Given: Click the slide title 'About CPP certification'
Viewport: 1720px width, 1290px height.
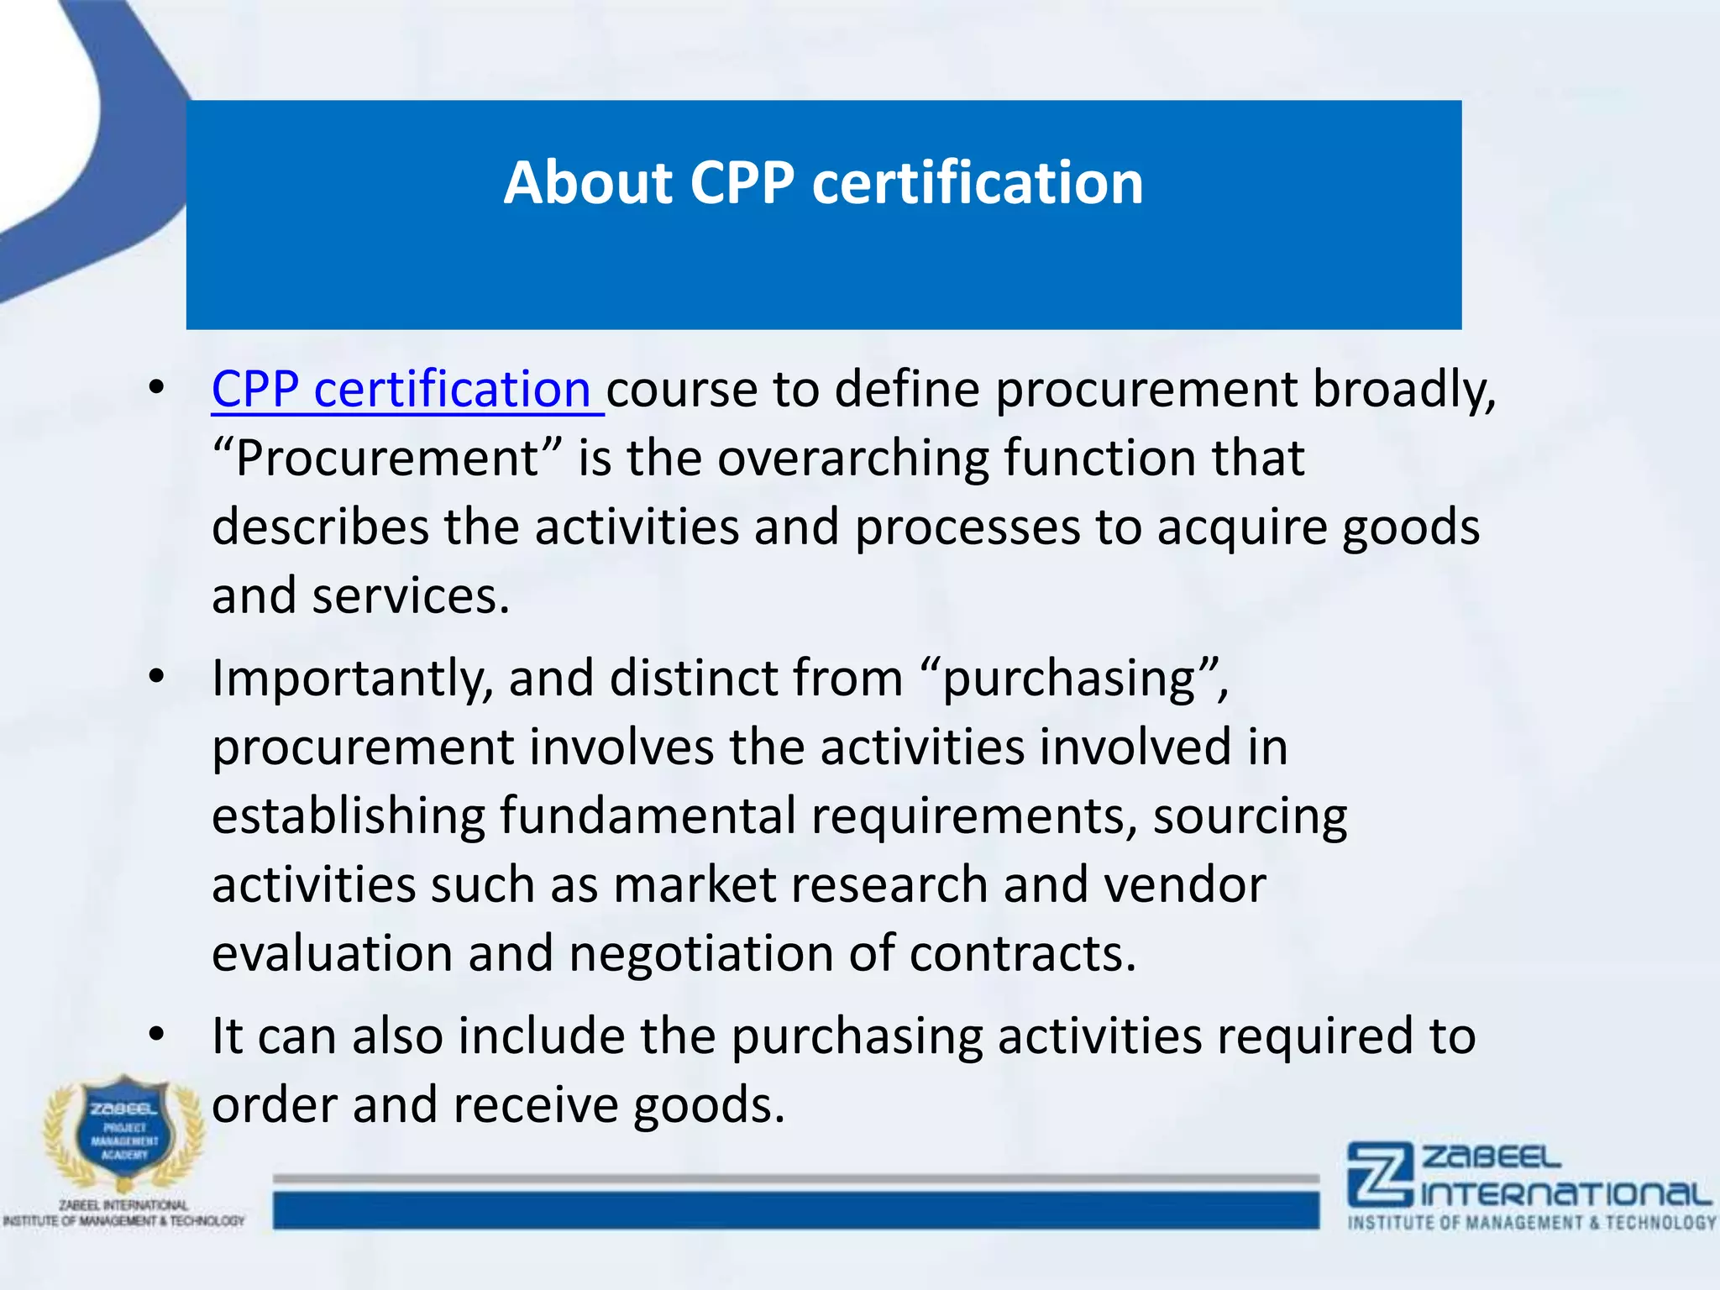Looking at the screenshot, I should pos(823,183).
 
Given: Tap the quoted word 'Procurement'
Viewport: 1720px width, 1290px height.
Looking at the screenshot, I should pos(386,459).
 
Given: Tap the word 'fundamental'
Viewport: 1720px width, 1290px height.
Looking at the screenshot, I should pos(648,816).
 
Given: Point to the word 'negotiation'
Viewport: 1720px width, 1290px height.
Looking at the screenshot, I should pos(700,954).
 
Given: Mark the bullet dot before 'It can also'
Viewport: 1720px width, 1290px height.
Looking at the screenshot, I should pos(156,1035).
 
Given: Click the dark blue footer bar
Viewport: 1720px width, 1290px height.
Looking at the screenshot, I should pos(795,1211).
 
